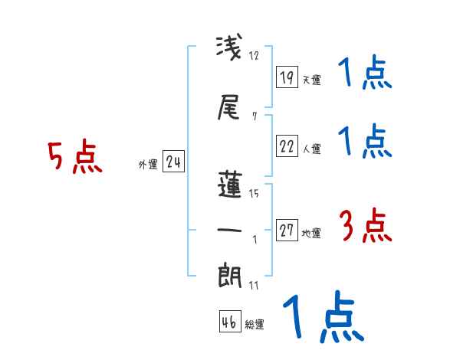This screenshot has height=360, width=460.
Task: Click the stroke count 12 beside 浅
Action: point(255,56)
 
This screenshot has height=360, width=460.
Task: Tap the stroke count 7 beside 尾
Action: point(254,117)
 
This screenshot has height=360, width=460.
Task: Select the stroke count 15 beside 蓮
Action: point(255,194)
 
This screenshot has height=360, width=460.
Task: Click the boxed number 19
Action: point(287,77)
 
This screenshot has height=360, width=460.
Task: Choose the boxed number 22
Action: point(287,146)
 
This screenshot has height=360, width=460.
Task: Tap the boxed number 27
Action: point(287,231)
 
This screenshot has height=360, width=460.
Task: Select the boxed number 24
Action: point(173,162)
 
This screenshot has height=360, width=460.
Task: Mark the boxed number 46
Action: point(229,322)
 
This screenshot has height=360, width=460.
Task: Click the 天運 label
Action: point(310,80)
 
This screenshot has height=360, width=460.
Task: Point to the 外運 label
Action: point(147,164)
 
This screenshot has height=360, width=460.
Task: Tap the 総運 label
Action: point(254,325)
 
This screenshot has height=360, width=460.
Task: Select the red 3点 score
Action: point(365,227)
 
